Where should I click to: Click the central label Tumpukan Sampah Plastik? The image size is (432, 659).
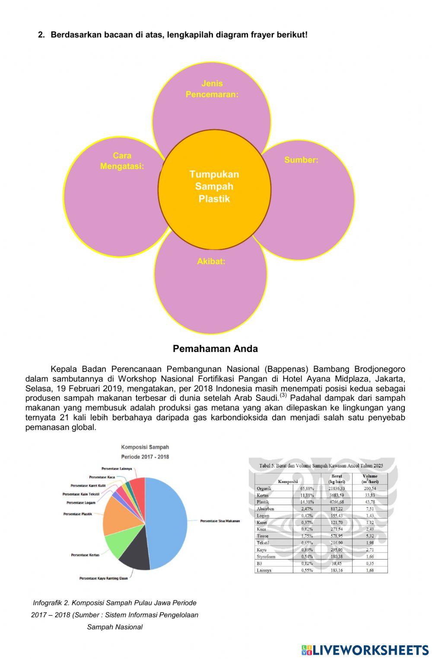pos(214,186)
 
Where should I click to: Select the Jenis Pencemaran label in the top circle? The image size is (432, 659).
pos(212,89)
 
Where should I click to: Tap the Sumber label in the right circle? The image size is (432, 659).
pos(301,160)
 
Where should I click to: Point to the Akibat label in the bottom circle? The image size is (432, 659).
pos(211,261)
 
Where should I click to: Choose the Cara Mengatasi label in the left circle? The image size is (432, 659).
pos(122,161)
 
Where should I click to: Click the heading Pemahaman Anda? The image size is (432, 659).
pos(215,349)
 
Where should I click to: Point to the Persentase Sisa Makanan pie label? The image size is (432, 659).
pos(220,521)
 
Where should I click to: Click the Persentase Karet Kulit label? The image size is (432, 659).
pos(88,486)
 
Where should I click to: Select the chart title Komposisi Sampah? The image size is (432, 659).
pos(145,447)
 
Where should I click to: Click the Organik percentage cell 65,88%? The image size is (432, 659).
pos(307,488)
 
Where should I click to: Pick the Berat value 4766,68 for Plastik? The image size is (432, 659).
pos(336,502)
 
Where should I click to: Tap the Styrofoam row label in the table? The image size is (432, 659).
pos(266,557)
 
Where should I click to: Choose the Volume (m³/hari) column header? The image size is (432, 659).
pos(370,479)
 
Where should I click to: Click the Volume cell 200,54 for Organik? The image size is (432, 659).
pos(370,488)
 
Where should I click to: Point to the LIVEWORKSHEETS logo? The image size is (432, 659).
pos(365,649)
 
